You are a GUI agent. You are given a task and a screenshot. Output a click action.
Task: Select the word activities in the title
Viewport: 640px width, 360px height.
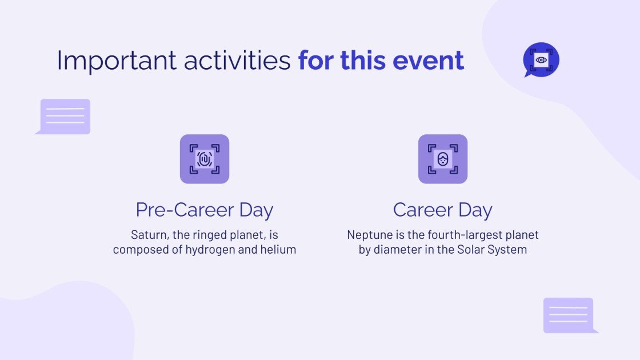[x=237, y=61]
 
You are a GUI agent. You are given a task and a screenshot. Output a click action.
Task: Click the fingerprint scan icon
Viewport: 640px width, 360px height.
[x=205, y=159]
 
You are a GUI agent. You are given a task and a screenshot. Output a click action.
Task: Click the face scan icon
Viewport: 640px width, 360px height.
[x=443, y=159]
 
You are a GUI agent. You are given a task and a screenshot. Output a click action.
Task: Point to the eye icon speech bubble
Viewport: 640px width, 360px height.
[x=541, y=59]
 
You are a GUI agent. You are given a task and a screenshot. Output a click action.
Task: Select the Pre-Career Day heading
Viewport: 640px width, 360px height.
[x=205, y=210]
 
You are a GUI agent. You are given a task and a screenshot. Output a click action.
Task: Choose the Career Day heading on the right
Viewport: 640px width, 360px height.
[x=443, y=210]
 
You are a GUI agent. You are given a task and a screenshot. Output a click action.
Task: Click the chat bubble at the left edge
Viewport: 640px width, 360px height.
[x=65, y=116]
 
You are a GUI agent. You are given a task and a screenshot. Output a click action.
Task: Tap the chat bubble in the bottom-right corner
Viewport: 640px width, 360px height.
[x=569, y=315]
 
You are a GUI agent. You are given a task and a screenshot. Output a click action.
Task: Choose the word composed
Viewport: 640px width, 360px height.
[x=139, y=250]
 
